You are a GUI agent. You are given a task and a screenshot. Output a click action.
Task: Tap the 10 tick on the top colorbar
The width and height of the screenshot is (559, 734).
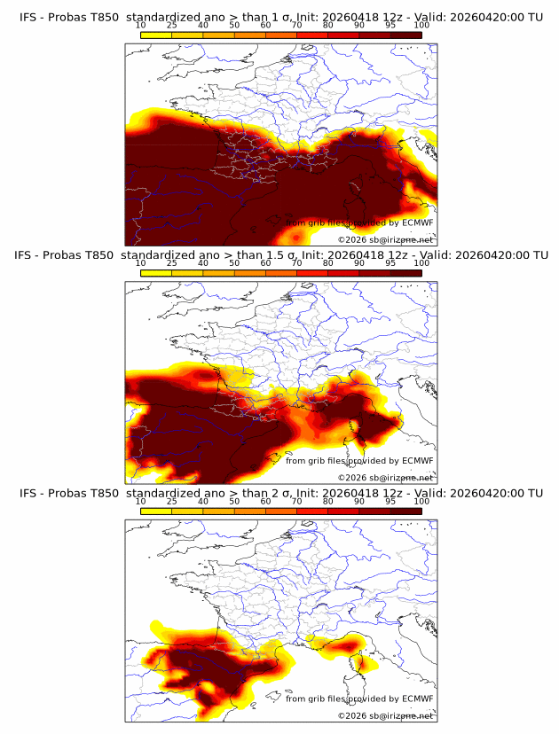coord(140,26)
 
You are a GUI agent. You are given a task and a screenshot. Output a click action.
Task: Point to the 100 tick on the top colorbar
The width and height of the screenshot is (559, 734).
coord(421,26)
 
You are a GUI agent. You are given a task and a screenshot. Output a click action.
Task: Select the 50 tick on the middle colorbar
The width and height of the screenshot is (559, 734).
coord(234,263)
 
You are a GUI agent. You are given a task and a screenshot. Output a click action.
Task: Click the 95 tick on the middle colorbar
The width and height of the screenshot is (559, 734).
coord(390,263)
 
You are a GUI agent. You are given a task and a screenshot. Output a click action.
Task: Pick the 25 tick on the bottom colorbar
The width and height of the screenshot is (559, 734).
coord(171,502)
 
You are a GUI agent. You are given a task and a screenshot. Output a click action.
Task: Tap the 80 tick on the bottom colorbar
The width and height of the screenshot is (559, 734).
coord(328,502)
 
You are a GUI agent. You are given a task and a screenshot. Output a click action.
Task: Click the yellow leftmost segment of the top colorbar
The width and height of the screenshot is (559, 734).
coord(155,35)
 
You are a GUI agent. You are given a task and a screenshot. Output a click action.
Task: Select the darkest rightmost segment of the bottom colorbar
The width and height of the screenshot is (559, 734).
coord(405,511)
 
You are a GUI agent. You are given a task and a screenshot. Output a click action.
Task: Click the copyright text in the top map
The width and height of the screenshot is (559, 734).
coord(385,239)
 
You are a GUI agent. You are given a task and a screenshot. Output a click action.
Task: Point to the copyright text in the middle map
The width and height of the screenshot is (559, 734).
coord(385,477)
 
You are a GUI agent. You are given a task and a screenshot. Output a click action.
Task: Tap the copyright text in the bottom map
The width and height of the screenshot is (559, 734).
coord(385,715)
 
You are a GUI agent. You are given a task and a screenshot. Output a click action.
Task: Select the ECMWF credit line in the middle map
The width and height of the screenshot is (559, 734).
coord(359,460)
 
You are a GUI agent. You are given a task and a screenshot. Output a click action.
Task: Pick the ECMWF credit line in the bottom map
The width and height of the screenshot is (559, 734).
coord(359,699)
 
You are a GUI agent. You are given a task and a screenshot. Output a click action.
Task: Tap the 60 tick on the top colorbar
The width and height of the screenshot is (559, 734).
coord(265,26)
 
